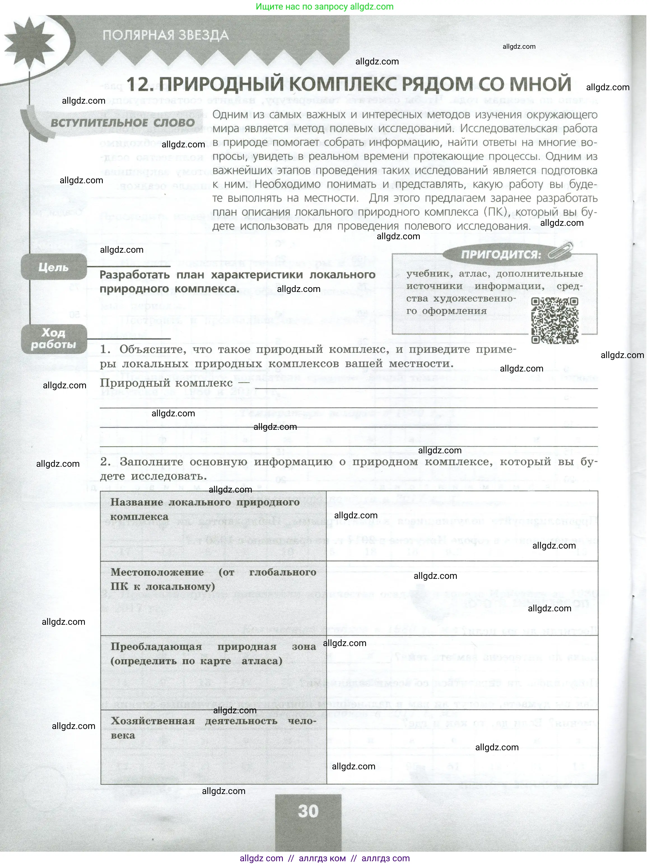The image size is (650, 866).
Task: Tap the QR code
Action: pos(555,320)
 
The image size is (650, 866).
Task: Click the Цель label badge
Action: pos(53,267)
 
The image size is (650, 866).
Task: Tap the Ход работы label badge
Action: pos(53,339)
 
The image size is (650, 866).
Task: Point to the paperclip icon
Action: pos(560,251)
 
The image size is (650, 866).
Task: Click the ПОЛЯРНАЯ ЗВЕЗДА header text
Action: pos(166,35)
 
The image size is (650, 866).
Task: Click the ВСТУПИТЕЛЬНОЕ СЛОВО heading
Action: pos(122,122)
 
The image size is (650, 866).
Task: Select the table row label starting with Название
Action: pos(205,509)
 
